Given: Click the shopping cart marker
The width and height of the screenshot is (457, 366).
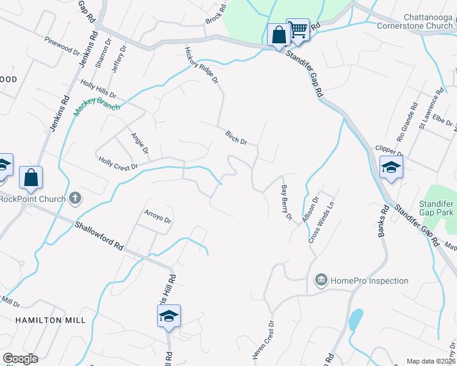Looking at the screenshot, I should click(x=298, y=29).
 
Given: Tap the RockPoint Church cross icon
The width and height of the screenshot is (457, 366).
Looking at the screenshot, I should click(x=75, y=198).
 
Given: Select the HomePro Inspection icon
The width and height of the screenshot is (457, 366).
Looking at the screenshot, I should click(x=321, y=281).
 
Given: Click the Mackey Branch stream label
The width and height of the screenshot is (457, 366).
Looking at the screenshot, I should click(x=97, y=105).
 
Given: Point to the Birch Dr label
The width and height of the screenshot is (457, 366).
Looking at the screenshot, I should click(x=236, y=138).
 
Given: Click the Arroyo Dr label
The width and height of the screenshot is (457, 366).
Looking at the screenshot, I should click(x=158, y=217).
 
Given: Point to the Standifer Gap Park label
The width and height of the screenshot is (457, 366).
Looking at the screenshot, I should click(x=436, y=208).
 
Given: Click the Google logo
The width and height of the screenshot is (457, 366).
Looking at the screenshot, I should click(x=20, y=358).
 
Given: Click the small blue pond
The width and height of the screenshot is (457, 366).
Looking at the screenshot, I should click(x=355, y=318).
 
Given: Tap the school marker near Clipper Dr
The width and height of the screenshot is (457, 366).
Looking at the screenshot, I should click(x=391, y=167).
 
